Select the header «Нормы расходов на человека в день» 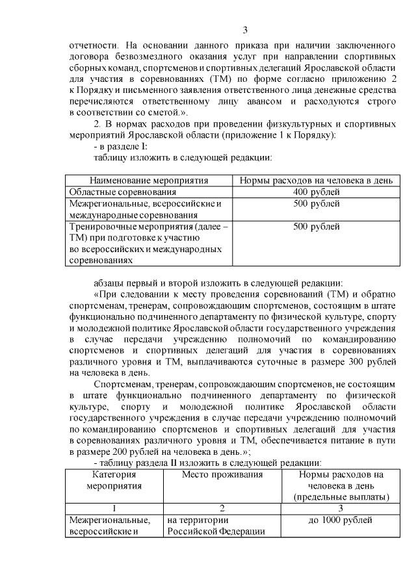pos(316,180)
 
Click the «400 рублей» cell pos(316,192)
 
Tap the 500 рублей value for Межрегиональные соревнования pos(316,204)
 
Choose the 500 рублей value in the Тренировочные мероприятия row pos(316,227)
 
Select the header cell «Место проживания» pos(222,475)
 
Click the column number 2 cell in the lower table pos(222,509)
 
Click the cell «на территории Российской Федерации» pos(214,527)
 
